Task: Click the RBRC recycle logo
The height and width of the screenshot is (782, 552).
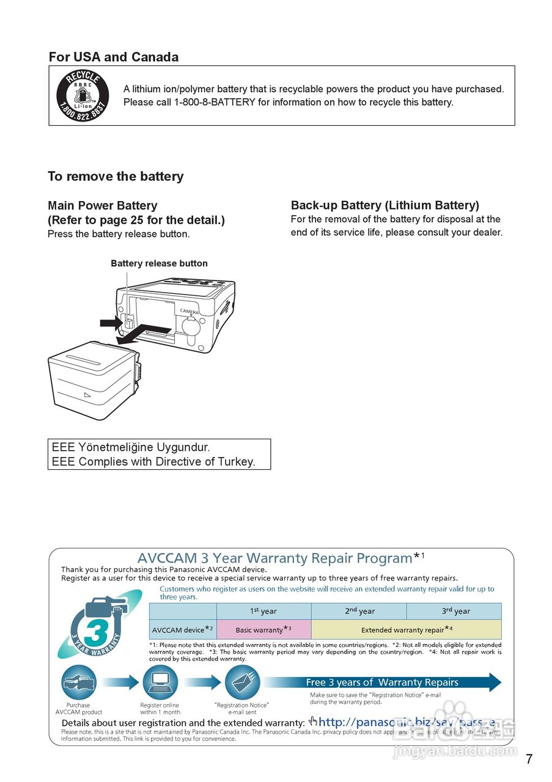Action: point(83,95)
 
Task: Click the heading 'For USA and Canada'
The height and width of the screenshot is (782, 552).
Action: point(114,57)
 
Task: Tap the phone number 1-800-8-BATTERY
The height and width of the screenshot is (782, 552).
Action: point(215,102)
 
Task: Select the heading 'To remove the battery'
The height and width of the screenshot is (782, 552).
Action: point(116,177)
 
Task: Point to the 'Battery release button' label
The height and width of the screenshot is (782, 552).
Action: point(159,263)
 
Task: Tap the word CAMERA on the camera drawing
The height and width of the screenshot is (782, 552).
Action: point(190,312)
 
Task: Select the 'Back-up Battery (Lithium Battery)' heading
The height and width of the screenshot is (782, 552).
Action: point(385,205)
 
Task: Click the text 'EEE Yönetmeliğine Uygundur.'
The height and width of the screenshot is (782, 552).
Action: point(131,447)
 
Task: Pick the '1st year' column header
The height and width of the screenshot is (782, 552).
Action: point(263,611)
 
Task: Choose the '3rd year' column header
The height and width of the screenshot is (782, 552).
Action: point(456,611)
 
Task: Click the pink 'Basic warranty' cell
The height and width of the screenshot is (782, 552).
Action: point(263,629)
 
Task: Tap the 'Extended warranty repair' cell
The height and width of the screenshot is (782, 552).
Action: point(407,629)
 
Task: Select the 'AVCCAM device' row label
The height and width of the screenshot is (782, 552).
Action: point(182,629)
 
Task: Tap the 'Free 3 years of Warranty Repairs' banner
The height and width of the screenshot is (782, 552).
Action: point(382,682)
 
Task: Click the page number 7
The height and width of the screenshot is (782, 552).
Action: point(529,759)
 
